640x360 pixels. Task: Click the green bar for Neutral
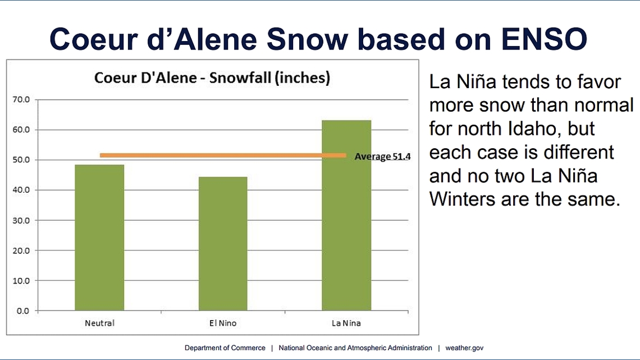99,238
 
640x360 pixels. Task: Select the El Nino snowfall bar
223,244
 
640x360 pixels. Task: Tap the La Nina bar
346,216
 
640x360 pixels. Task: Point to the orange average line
223,156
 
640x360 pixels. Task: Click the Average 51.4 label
382,156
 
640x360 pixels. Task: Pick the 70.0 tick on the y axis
21,99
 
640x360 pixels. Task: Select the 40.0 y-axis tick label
21,190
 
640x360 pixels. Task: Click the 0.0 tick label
23,311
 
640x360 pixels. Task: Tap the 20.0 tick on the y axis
21,250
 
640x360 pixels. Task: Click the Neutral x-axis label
99,323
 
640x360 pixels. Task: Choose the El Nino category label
223,323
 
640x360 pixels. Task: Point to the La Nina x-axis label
346,323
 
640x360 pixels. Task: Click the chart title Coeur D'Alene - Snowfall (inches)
212,78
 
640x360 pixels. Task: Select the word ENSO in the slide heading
544,39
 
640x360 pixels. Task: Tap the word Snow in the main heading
307,39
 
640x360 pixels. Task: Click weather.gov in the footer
464,348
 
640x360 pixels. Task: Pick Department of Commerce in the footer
225,348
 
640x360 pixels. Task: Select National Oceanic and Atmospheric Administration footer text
355,348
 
